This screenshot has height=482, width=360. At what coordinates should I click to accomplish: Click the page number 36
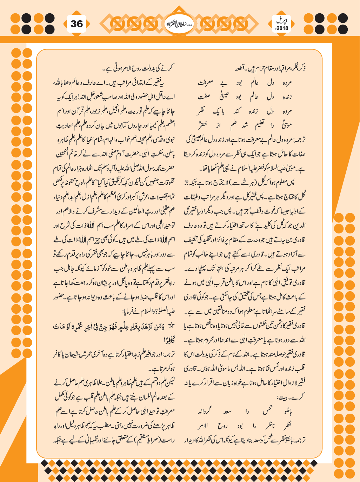coord(77,24)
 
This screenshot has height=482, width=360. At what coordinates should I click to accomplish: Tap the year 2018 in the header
coord(282,28)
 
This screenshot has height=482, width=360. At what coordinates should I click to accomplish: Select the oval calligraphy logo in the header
coord(180,24)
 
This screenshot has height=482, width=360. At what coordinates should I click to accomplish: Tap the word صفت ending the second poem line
coord(206,97)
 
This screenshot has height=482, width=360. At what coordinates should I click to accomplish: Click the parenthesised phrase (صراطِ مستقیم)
coord(147,439)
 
